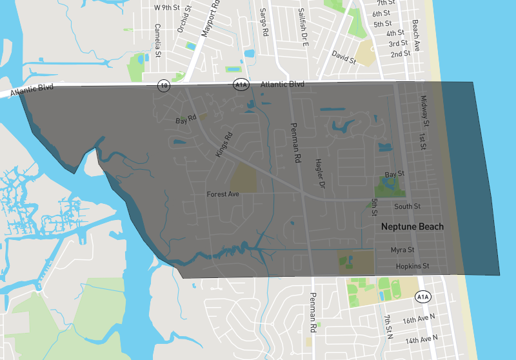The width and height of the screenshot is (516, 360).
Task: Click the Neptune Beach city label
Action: pyautogui.click(x=412, y=226)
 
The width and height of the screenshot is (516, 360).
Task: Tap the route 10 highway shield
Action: pyautogui.click(x=164, y=85)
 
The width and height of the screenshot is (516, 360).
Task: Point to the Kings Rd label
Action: pyautogui.click(x=223, y=146)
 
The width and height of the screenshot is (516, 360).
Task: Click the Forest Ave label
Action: pyautogui.click(x=223, y=194)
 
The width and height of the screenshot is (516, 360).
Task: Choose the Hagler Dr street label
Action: pyautogui.click(x=319, y=174)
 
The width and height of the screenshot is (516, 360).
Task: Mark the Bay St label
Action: pyautogui.click(x=394, y=174)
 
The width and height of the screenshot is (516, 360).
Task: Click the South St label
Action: pyautogui.click(x=407, y=206)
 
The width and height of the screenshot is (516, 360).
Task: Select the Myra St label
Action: pyautogui.click(x=402, y=250)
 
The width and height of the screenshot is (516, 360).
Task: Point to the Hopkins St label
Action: pyautogui.click(x=412, y=266)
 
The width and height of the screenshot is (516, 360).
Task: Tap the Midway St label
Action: pyautogui.click(x=424, y=111)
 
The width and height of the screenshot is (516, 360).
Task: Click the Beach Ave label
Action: pyautogui.click(x=416, y=35)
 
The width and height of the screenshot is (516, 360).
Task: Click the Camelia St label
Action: pyautogui.click(x=157, y=38)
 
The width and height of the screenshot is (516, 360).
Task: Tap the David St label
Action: pyautogui.click(x=344, y=57)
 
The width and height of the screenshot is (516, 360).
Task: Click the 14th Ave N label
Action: pyautogui.click(x=421, y=338)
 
